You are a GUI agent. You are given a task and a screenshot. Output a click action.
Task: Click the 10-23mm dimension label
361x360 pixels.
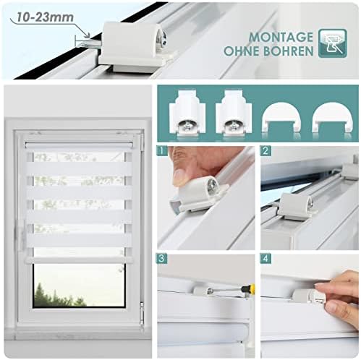[x=45, y=17]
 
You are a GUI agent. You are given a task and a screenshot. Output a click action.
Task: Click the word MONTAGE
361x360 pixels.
[x=281, y=38]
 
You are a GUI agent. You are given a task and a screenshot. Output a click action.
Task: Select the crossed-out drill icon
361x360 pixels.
[x=333, y=43]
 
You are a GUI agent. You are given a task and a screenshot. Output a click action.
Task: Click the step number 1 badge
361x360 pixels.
[x=162, y=151]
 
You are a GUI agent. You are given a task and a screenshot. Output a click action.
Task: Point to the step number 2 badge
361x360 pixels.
[x=266, y=151]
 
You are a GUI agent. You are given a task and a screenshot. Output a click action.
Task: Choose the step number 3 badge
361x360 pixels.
[x=162, y=259]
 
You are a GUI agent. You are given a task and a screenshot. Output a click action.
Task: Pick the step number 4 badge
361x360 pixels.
[x=266, y=259]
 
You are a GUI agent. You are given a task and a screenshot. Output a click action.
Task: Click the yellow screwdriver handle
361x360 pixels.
[x=252, y=288]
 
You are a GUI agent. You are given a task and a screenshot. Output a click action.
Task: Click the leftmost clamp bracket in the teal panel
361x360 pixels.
[x=187, y=113]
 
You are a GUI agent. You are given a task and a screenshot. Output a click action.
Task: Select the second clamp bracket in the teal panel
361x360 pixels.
[x=234, y=113]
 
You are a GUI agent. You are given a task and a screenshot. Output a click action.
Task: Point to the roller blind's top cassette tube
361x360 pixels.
[x=79, y=145]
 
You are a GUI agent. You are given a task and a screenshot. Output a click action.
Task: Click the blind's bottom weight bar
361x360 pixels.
[x=79, y=260]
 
